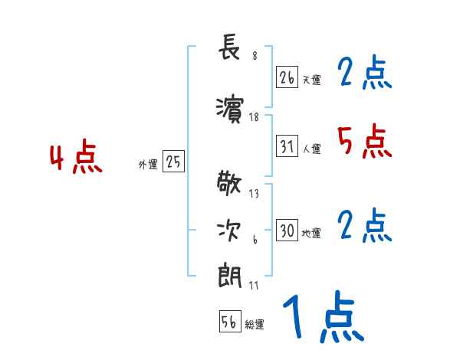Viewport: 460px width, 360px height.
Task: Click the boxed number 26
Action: pos(287,77)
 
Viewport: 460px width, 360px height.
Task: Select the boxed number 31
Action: pos(287,146)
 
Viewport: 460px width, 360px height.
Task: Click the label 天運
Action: pos(311,80)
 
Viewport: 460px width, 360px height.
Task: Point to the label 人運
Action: pos(311,149)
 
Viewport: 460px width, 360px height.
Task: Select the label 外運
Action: pos(147,163)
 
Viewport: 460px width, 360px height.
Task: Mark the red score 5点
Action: pos(363,141)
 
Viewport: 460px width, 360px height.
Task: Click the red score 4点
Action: pos(76,159)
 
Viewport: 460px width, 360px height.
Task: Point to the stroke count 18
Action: pos(255,117)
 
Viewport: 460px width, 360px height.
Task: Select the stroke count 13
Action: pos(255,193)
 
